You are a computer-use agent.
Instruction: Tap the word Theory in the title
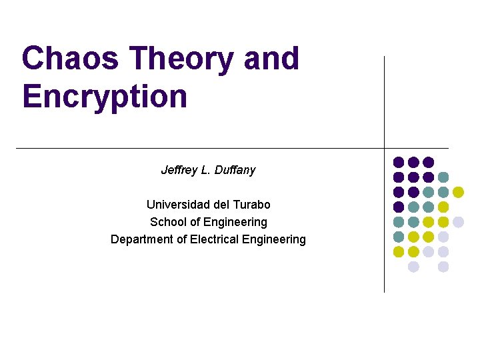pyautogui.click(x=182, y=59)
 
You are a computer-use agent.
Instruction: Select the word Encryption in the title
pyautogui.click(x=105, y=96)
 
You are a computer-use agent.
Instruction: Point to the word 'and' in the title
pyautogui.click(x=271, y=59)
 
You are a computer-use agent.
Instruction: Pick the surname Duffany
pyautogui.click(x=234, y=170)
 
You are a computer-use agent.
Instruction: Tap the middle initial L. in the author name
pyautogui.click(x=207, y=170)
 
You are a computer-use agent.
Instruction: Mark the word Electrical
pyautogui.click(x=215, y=239)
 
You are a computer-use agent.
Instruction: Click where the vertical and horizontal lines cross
pyautogui.click(x=385, y=148)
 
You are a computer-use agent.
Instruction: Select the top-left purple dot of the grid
pyautogui.click(x=399, y=162)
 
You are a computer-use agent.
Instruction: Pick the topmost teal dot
pyautogui.click(x=443, y=177)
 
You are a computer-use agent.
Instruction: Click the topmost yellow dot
pyautogui.click(x=458, y=192)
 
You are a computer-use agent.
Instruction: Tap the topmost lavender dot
pyautogui.click(x=458, y=222)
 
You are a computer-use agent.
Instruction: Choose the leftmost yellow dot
pyautogui.click(x=399, y=252)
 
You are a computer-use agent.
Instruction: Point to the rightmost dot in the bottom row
pyautogui.click(x=443, y=267)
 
